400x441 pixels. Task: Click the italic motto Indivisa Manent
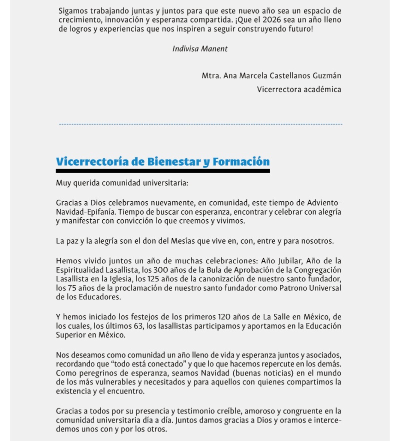[x=200, y=49]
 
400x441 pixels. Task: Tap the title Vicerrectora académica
[x=299, y=90]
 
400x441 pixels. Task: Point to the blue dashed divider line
[x=200, y=124]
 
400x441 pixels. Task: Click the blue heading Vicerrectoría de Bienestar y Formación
[x=162, y=162]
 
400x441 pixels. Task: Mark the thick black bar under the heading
[x=162, y=171]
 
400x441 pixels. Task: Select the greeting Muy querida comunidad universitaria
[x=122, y=183]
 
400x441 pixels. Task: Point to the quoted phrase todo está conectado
[x=131, y=364]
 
